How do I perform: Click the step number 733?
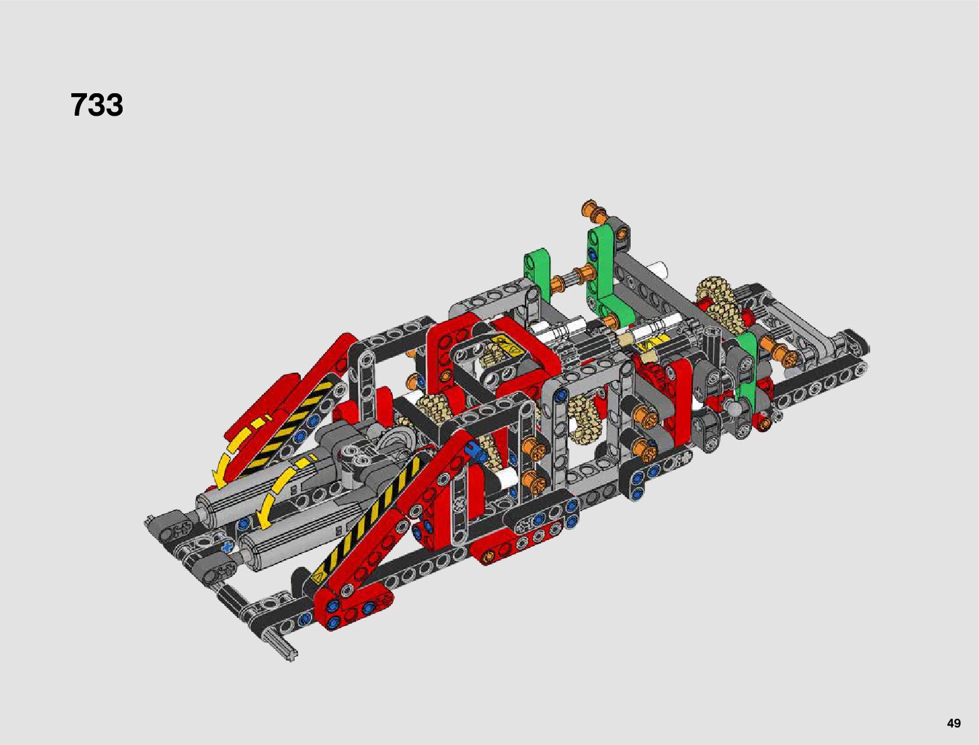[97, 105]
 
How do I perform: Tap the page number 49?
[954, 722]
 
